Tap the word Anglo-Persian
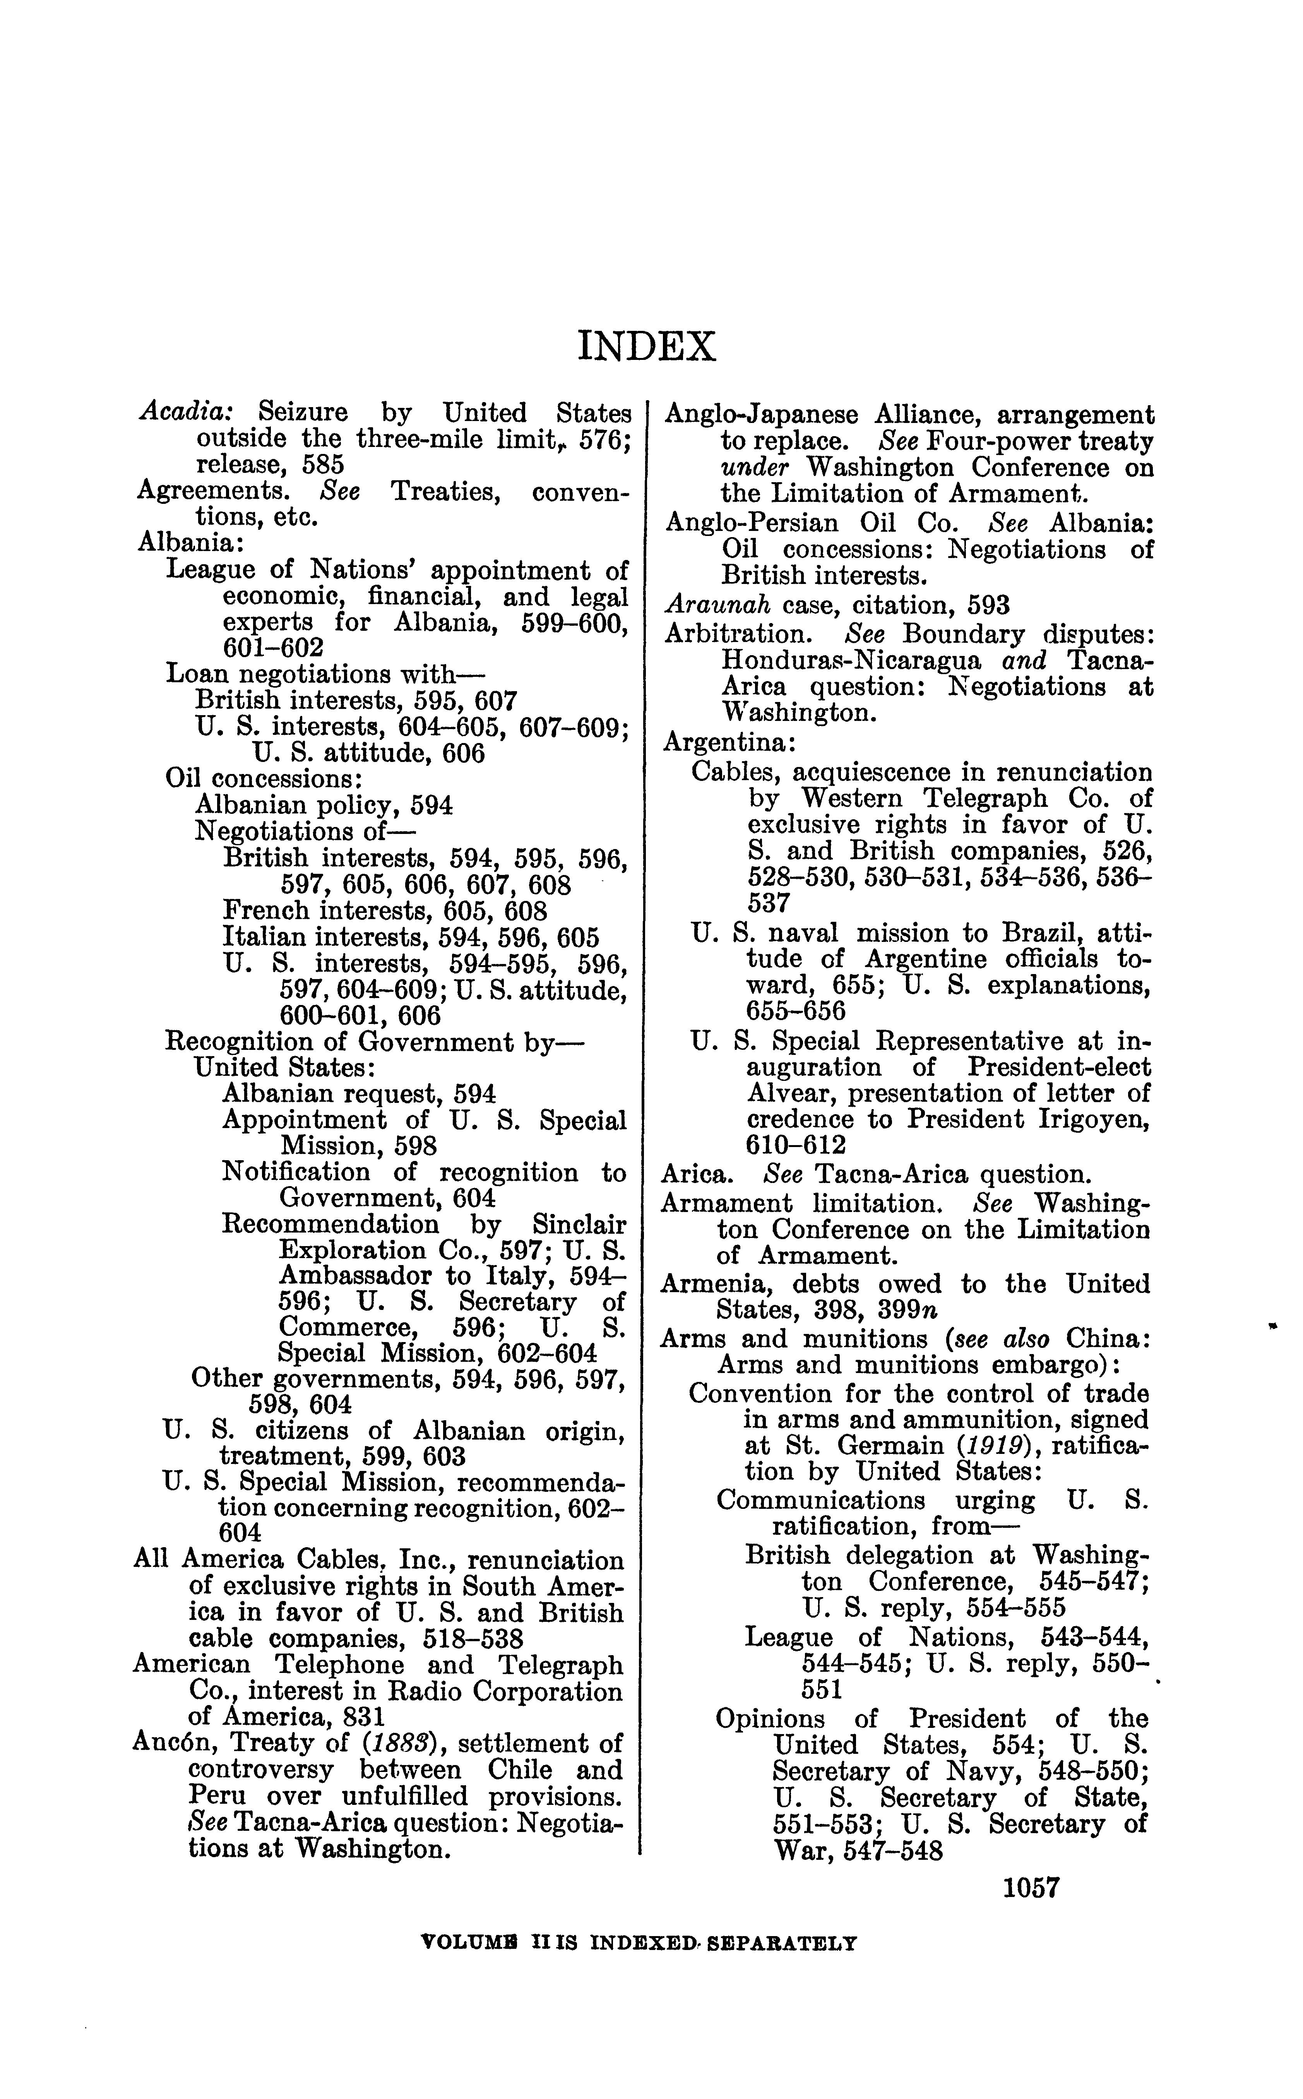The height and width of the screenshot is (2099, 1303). pos(750,523)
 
